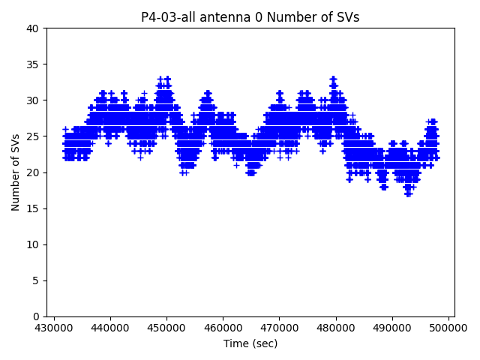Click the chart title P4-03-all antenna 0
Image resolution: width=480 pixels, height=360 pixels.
(250, 17)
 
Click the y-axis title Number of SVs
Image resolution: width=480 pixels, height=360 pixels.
(16, 172)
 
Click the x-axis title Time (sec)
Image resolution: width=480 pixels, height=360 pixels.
(250, 343)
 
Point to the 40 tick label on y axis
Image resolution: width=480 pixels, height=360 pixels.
(33, 28)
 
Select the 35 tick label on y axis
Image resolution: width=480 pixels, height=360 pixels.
(33, 64)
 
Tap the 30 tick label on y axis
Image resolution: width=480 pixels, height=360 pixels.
(33, 100)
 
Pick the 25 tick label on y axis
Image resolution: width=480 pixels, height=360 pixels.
(33, 136)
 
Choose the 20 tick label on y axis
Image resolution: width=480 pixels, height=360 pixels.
(33, 172)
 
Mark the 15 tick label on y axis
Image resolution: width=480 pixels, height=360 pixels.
(33, 208)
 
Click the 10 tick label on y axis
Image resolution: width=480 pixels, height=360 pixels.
(33, 244)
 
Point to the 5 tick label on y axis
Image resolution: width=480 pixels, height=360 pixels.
(36, 280)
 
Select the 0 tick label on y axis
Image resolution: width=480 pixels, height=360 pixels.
(36, 316)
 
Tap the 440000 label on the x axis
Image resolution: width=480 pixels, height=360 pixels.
(110, 328)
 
